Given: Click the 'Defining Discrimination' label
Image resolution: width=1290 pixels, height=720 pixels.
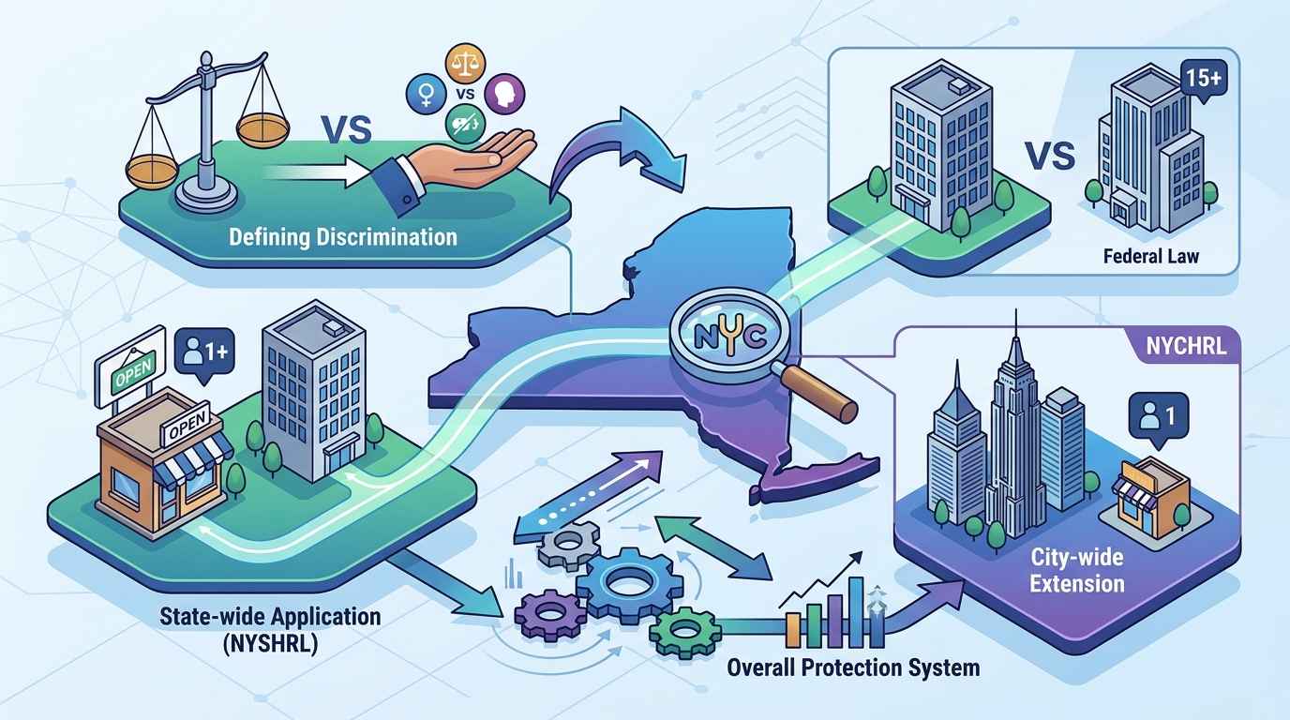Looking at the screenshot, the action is [343, 237].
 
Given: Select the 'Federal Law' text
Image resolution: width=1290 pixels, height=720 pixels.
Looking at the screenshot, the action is [1151, 256].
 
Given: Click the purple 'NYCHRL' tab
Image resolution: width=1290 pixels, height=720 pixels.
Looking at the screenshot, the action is [1186, 346].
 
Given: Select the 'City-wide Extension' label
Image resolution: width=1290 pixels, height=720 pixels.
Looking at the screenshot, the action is [1077, 570].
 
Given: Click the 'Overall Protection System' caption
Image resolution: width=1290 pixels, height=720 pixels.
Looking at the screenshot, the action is [853, 667].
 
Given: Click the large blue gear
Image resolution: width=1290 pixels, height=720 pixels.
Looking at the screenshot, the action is [629, 586].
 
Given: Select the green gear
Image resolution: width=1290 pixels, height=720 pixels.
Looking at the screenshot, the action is [685, 633].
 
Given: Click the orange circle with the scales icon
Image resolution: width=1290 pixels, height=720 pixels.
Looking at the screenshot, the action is [465, 64].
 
